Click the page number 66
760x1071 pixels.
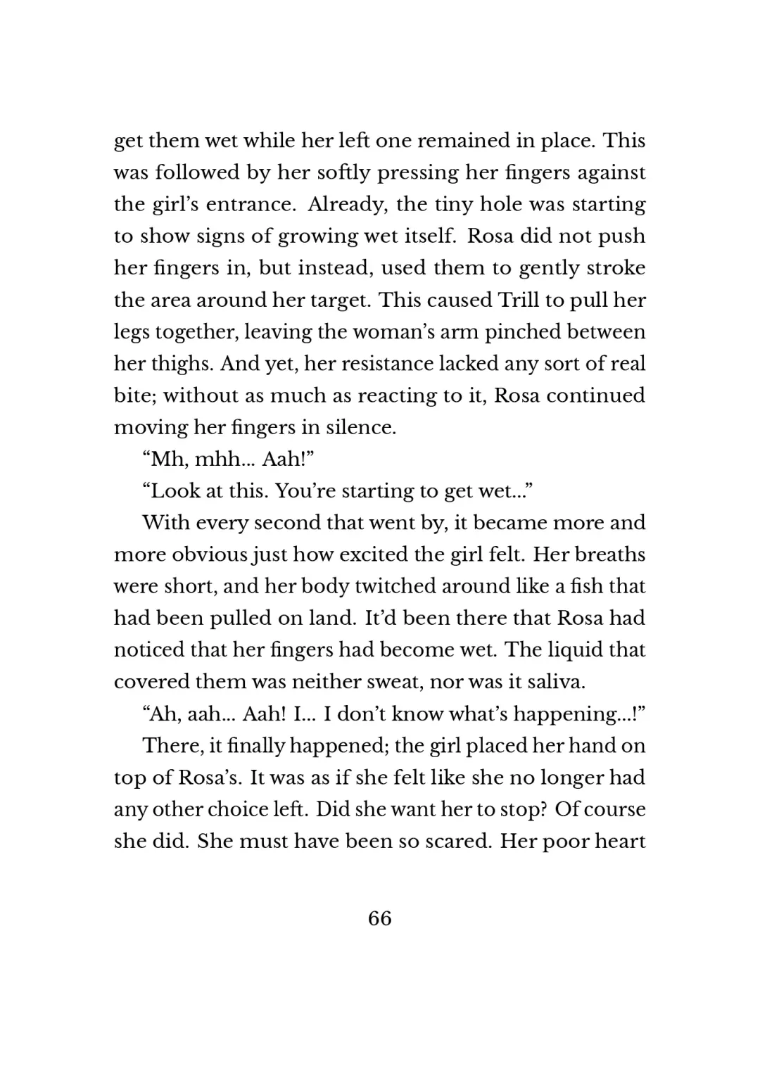(x=379, y=918)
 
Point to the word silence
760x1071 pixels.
(x=360, y=427)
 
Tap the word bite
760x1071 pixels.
(x=134, y=395)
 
